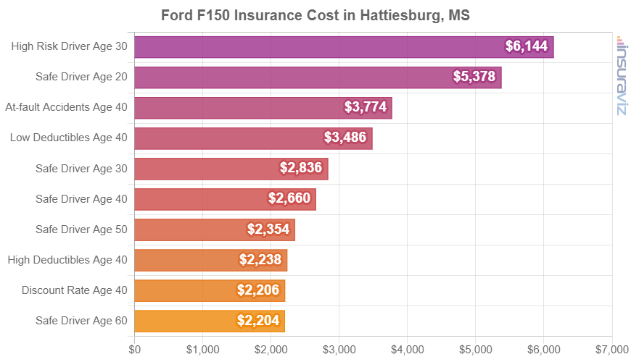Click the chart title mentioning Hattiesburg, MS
315,15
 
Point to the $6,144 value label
529,47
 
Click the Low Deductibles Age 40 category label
69,138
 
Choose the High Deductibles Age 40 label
67,260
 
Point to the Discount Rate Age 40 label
75,290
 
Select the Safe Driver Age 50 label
81,230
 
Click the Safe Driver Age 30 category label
81,169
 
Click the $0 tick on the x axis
135,349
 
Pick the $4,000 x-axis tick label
407,349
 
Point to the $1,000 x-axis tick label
202,349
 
